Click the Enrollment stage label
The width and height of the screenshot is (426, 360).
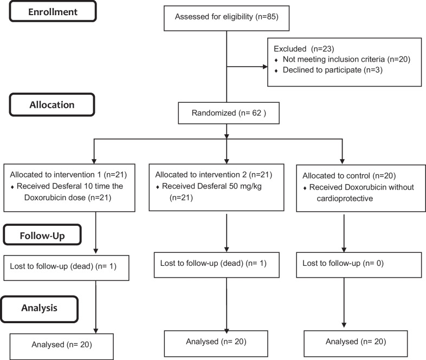point(53,11)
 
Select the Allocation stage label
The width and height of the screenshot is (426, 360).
point(52,104)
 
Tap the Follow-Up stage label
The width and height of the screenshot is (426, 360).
point(42,235)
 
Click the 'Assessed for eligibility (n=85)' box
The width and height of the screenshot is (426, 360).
point(227,18)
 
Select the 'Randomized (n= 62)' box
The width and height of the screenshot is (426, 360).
point(229,113)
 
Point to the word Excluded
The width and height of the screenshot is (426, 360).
point(290,49)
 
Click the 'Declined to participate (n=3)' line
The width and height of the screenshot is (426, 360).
point(333,70)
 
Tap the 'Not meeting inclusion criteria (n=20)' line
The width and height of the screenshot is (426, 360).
point(346,60)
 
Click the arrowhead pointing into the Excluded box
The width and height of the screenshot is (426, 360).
point(265,67)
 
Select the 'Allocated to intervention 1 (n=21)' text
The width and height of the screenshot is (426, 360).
point(68,175)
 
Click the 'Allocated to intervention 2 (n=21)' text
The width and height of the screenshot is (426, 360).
point(214,175)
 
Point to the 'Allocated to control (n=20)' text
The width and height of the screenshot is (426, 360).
point(349,176)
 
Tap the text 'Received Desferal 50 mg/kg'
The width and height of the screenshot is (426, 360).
point(212,186)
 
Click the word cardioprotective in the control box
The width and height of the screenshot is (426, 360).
point(345,199)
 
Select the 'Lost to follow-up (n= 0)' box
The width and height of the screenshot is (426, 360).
point(359,265)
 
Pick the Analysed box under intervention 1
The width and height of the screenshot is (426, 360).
point(62,346)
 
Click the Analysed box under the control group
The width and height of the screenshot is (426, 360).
point(356,343)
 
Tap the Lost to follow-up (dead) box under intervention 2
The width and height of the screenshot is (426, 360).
point(217,265)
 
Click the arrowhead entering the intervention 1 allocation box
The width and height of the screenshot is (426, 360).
point(94,161)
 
